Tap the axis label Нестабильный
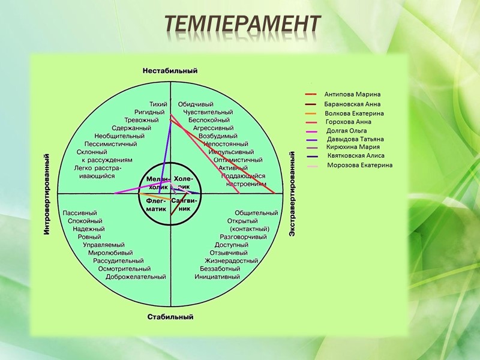(170, 71)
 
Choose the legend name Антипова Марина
(352, 94)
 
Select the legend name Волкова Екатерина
(354, 113)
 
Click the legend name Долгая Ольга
(346, 130)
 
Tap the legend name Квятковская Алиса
(356, 155)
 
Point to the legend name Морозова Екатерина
(360, 165)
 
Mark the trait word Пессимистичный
(110, 144)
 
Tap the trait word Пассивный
(80, 213)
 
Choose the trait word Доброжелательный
(136, 277)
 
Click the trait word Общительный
(256, 213)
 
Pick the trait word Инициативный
(217, 277)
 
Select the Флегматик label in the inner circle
(156, 205)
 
